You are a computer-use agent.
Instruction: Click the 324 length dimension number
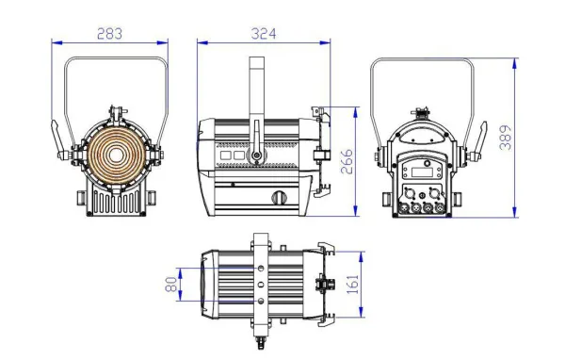(x=265, y=34)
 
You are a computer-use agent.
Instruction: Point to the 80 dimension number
(x=172, y=284)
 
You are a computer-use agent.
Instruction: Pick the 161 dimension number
(x=352, y=283)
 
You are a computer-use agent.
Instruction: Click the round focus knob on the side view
(x=278, y=197)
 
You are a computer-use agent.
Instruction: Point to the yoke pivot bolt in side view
(x=255, y=154)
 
